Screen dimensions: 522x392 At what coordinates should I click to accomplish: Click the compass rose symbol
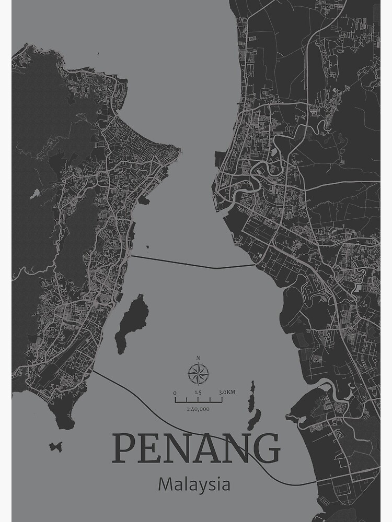click(198, 373)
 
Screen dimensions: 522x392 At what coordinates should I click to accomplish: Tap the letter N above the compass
click(198, 358)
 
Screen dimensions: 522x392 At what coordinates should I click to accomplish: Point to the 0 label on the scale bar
click(175, 393)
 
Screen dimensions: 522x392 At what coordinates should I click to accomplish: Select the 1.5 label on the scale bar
click(198, 393)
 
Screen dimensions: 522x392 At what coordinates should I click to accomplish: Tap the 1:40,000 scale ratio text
click(198, 409)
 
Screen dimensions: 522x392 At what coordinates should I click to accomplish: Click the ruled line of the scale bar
click(198, 401)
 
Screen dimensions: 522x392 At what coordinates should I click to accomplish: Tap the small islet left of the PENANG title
click(55, 446)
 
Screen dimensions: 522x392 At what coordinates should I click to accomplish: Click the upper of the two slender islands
click(251, 395)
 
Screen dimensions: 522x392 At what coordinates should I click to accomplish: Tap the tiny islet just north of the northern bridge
click(148, 247)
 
